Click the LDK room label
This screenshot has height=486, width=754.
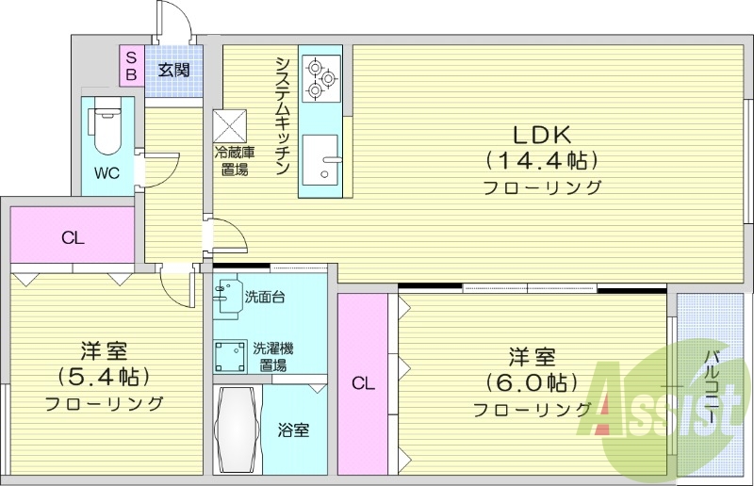point(542,133)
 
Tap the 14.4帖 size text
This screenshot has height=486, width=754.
point(542,159)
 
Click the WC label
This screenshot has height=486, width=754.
point(106,173)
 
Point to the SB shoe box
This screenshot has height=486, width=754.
point(131,65)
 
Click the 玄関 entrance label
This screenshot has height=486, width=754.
point(173,69)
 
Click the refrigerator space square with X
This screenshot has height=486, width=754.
point(231,125)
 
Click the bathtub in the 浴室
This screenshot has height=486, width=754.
point(238,430)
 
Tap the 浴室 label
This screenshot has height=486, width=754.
point(293,431)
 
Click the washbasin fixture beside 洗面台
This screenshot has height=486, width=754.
point(227,299)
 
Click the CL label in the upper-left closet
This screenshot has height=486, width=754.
point(73,238)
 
